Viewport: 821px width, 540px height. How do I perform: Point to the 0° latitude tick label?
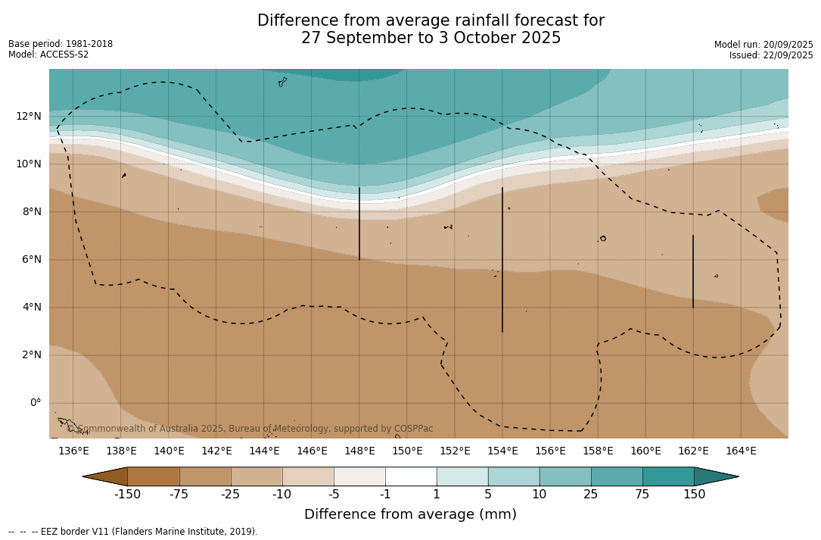36,402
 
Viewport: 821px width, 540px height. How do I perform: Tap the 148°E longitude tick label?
359,451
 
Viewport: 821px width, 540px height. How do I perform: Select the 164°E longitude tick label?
741,451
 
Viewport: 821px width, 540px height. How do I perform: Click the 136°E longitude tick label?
73,451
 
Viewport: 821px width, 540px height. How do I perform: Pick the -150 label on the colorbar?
127,495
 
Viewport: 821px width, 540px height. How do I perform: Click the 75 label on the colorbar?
642,495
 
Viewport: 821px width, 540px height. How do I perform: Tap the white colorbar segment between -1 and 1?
411,476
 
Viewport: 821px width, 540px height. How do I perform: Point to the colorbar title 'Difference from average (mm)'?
410,514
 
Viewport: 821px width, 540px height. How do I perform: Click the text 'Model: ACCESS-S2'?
48,55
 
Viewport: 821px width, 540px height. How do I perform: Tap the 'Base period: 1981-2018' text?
61,44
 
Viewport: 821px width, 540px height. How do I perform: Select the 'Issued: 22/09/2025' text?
771,55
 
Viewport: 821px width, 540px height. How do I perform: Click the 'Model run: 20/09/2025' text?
763,45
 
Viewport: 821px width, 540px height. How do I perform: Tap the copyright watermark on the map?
250,429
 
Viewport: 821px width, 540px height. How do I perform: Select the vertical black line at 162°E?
693,271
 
